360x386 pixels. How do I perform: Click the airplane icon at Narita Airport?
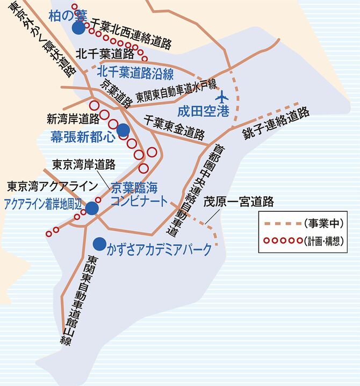pos(221,98)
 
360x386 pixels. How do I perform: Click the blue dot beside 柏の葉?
pos(78,28)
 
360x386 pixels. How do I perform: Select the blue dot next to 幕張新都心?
pos(123,129)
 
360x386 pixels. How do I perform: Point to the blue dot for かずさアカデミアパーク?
pos(98,242)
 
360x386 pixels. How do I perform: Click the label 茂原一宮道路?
pos(239,202)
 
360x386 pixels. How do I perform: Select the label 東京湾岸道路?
pos(84,164)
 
